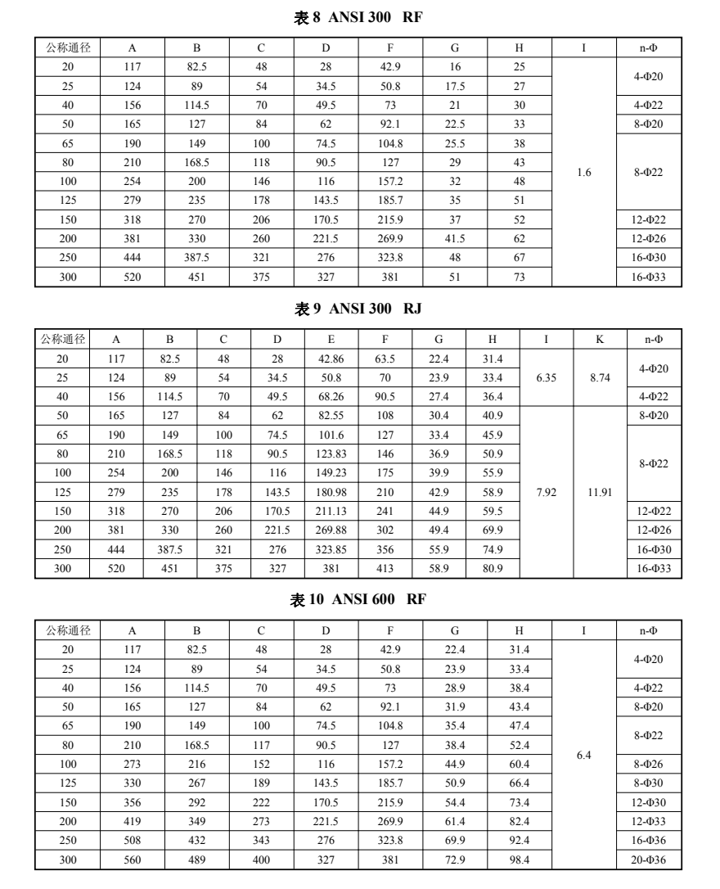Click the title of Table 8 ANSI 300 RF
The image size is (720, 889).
point(359,18)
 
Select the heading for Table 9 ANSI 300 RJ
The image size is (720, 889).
point(359,309)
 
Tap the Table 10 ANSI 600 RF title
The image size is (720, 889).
point(359,600)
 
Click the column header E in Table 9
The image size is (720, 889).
point(331,339)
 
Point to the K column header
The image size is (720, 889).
point(601,339)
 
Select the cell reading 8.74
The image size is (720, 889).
point(601,378)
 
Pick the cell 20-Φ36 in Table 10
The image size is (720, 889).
point(648,862)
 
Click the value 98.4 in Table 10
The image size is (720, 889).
point(519,862)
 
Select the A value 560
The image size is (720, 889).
point(133,862)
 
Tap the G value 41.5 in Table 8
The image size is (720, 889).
point(455,238)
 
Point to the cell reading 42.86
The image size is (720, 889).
point(331,359)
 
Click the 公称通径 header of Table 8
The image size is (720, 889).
point(67,48)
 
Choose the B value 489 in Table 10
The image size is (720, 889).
point(196,862)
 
